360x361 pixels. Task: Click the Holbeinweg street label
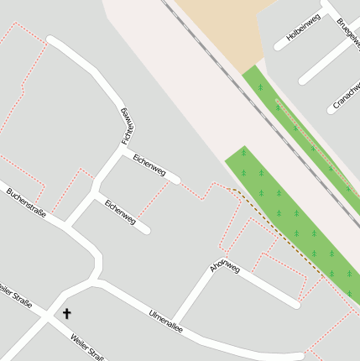[x=303, y=28]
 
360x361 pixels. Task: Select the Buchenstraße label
[x=25, y=202]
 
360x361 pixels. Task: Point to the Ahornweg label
[x=224, y=268]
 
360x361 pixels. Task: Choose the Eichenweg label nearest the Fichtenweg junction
[x=149, y=164]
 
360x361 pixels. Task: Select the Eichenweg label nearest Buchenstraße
[x=119, y=212]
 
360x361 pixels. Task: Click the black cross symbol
[x=67, y=313]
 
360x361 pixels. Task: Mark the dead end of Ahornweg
[x=295, y=303]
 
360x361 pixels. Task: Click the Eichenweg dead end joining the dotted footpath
[x=175, y=179]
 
